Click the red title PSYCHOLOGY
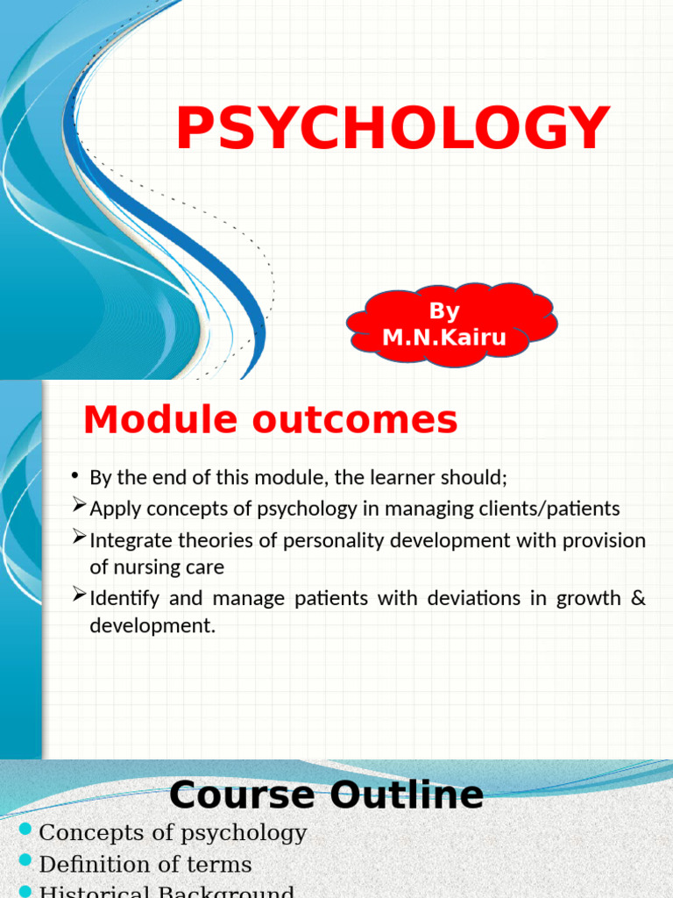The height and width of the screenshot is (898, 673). click(x=393, y=129)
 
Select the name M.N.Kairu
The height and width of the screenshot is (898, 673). click(x=444, y=338)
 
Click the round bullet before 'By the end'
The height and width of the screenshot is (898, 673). click(x=77, y=476)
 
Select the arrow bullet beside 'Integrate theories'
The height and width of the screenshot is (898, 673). click(x=79, y=537)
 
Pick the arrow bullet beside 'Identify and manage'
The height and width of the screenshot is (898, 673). click(x=79, y=595)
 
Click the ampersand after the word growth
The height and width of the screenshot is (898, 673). click(x=638, y=599)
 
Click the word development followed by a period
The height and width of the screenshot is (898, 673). click(x=152, y=626)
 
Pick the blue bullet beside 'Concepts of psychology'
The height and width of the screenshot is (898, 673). click(x=25, y=830)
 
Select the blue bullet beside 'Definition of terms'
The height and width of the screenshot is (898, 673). click(x=25, y=860)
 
